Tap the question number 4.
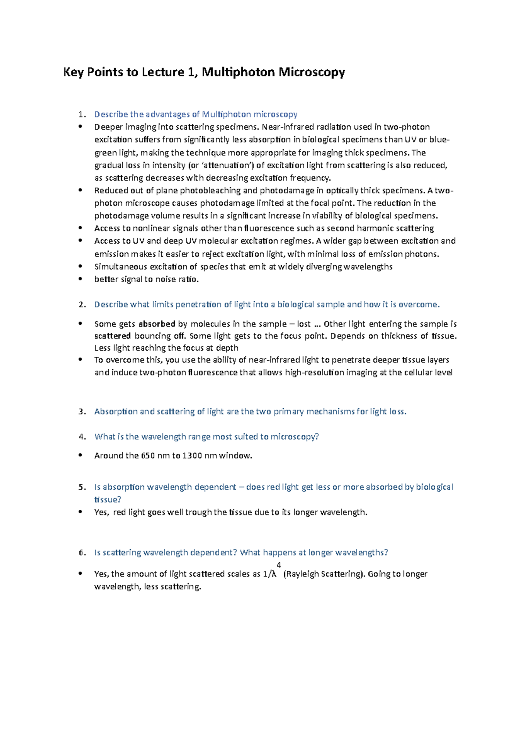pos(82,436)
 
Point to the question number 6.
pos(82,553)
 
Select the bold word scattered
pos(113,336)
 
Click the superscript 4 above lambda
pos(279,565)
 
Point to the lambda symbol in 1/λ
pos(274,574)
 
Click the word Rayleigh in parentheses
pos(302,574)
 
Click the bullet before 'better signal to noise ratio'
pos(80,279)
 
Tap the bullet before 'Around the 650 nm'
pos(80,455)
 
